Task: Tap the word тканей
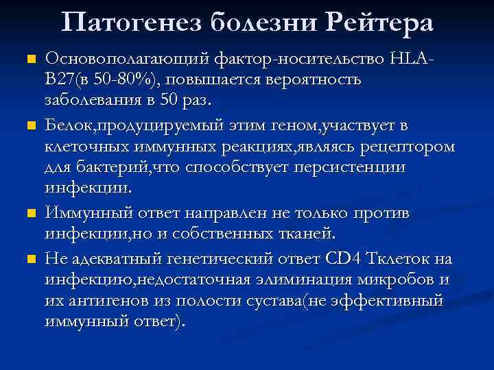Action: pyautogui.click(x=305, y=234)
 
